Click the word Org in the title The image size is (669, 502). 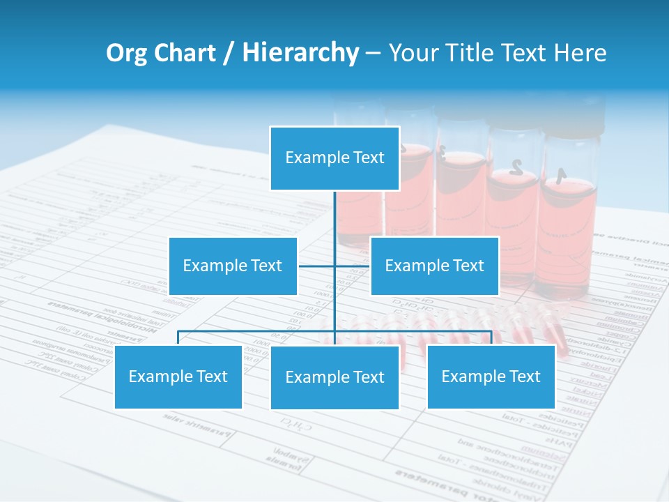click(x=126, y=53)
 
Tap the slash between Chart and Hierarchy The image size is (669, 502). click(x=229, y=54)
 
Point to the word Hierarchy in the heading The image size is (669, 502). click(x=300, y=53)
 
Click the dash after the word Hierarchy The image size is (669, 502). click(x=373, y=54)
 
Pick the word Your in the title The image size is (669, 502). click(x=413, y=53)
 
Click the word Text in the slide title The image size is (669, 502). click(x=530, y=53)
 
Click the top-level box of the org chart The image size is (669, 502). click(x=334, y=158)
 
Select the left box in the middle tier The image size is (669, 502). click(x=233, y=266)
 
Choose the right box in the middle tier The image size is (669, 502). click(x=434, y=266)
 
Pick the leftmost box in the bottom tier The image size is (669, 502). click(x=178, y=377)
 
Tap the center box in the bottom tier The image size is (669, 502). click(x=334, y=377)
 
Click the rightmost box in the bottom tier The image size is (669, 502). click(x=491, y=377)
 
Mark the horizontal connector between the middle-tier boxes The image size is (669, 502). click(x=318, y=266)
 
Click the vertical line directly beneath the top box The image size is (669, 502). click(x=334, y=213)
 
